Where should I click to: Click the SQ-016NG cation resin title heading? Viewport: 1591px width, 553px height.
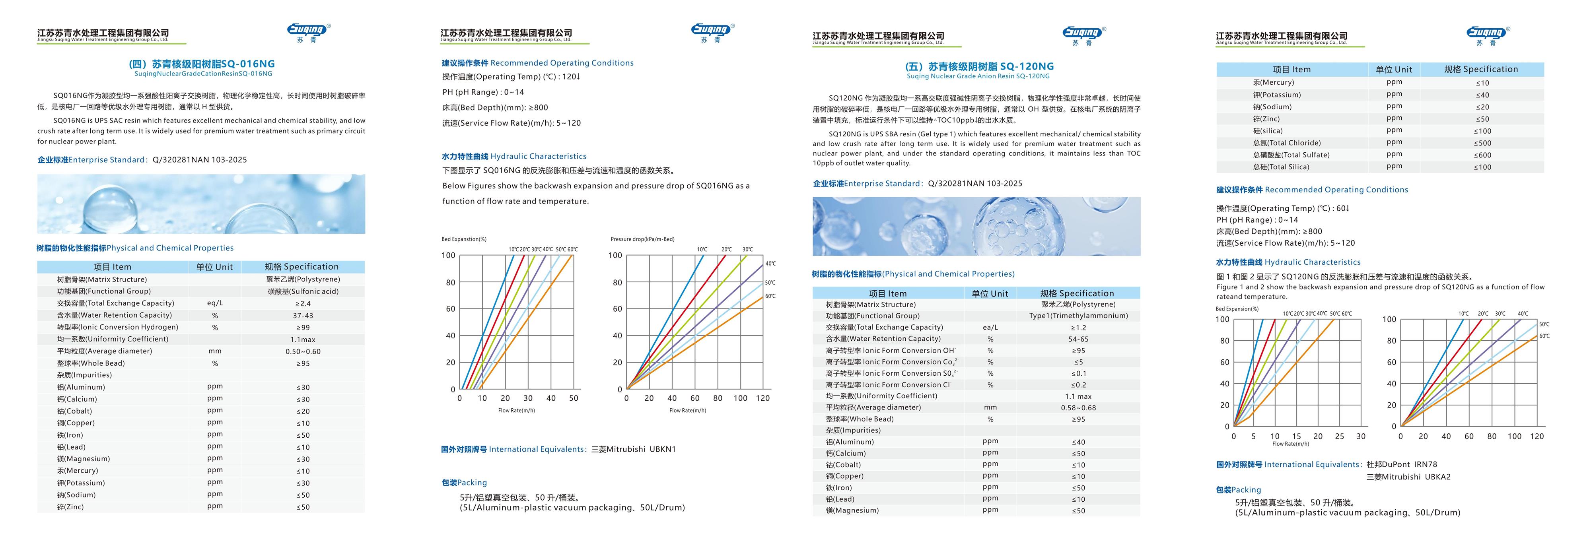click(x=201, y=64)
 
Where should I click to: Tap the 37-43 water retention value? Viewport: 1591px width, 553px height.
click(x=303, y=315)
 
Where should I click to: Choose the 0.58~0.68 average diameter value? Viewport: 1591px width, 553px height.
click(x=1078, y=408)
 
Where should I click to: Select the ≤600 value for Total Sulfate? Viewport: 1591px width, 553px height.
click(x=1482, y=155)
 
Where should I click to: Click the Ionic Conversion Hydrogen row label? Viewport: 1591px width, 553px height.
click(x=117, y=327)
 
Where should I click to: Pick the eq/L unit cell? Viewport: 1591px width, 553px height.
click(x=215, y=303)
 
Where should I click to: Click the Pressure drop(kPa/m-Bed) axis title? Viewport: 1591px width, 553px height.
click(x=642, y=239)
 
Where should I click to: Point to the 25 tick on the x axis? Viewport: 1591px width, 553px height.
click(x=1339, y=437)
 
